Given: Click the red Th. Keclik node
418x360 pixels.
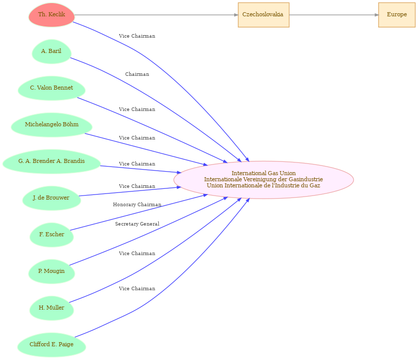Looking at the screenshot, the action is [x=51, y=15].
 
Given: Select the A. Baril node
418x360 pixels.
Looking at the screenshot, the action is [x=51, y=51].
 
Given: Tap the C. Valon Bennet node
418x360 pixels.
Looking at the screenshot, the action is [x=51, y=88].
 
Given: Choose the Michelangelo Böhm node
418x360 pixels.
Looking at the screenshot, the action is [x=51, y=125].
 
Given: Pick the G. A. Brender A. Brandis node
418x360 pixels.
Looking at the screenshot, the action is [x=51, y=161].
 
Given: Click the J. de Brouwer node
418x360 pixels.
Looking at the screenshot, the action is [x=51, y=198].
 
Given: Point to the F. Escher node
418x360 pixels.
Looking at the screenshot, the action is [x=51, y=235].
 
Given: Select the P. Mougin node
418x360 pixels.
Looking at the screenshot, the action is [x=51, y=271].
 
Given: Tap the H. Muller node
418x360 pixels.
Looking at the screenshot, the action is [x=51, y=308].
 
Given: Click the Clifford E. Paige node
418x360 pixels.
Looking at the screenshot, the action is [x=51, y=345].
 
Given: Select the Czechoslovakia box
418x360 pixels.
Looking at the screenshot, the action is [x=263, y=15].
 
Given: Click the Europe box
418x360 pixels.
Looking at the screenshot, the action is [x=397, y=15].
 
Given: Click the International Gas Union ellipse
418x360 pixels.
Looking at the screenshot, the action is [x=263, y=180].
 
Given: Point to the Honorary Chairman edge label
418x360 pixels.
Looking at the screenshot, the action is [x=137, y=205].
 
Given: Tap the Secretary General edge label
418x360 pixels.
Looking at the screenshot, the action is [x=137, y=224].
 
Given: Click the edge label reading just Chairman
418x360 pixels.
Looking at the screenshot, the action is [x=137, y=74].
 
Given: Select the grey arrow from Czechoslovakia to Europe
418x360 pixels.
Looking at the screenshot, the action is [x=334, y=15].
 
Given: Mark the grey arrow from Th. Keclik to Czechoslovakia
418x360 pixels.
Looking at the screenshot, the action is [x=156, y=15].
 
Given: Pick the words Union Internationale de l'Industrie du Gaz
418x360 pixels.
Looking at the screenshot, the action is [x=263, y=185].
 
